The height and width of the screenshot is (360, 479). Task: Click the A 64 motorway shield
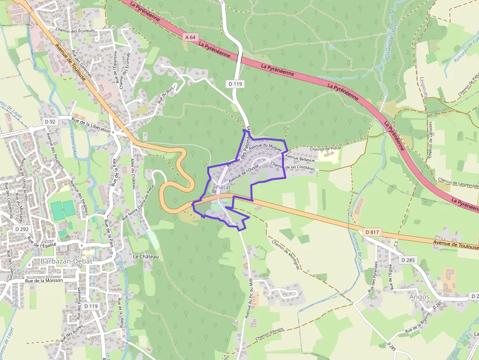191,37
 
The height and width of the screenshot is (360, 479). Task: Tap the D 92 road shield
49,121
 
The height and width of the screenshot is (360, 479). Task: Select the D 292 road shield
22,229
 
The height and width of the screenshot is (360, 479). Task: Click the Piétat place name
222,188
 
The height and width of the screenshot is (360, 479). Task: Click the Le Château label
146,256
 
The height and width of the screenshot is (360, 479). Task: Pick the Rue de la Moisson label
44,281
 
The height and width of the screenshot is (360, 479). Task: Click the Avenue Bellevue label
300,158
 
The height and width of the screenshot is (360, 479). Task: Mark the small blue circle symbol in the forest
331,47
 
